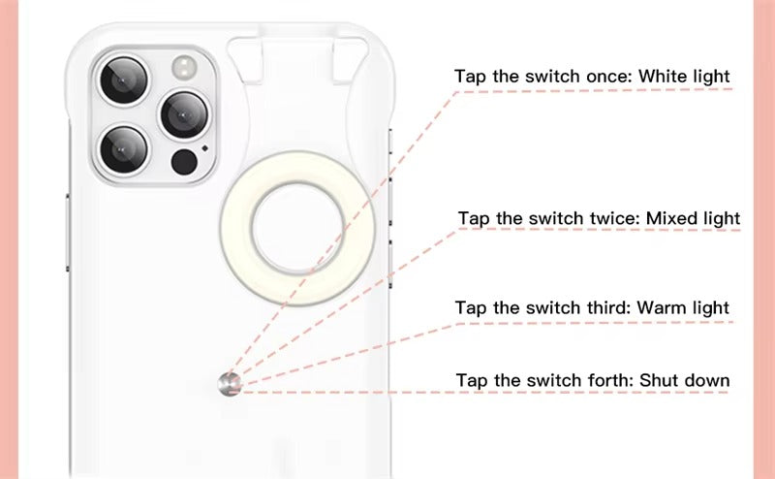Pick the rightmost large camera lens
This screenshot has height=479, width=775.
pos(183,114)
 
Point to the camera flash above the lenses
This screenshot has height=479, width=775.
pos(183,67)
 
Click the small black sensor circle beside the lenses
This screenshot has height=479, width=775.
pos(183,160)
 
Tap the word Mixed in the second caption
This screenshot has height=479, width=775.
pos(670,219)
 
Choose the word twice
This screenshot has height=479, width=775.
pos(611,219)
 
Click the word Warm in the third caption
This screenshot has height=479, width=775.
pos(660,308)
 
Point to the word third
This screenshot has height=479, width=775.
pos(606,308)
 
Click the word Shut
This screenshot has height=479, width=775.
pos(658,380)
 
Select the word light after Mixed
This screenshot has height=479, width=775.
pos(721,219)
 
